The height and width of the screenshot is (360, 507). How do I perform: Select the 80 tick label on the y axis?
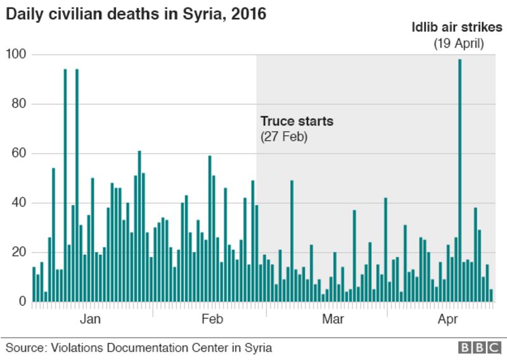pos(18,104)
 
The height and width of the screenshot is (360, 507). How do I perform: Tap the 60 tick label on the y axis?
pos(18,153)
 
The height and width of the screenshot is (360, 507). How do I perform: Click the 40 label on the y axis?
pos(18,203)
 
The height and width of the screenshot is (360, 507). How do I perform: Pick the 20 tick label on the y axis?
pos(18,252)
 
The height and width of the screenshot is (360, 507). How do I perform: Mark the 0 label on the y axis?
pos(21,302)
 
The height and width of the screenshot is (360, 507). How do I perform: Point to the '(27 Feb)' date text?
pos(284,136)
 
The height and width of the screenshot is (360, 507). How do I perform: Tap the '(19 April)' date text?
pos(459,44)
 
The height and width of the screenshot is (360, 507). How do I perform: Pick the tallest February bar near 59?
pos(210,228)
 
